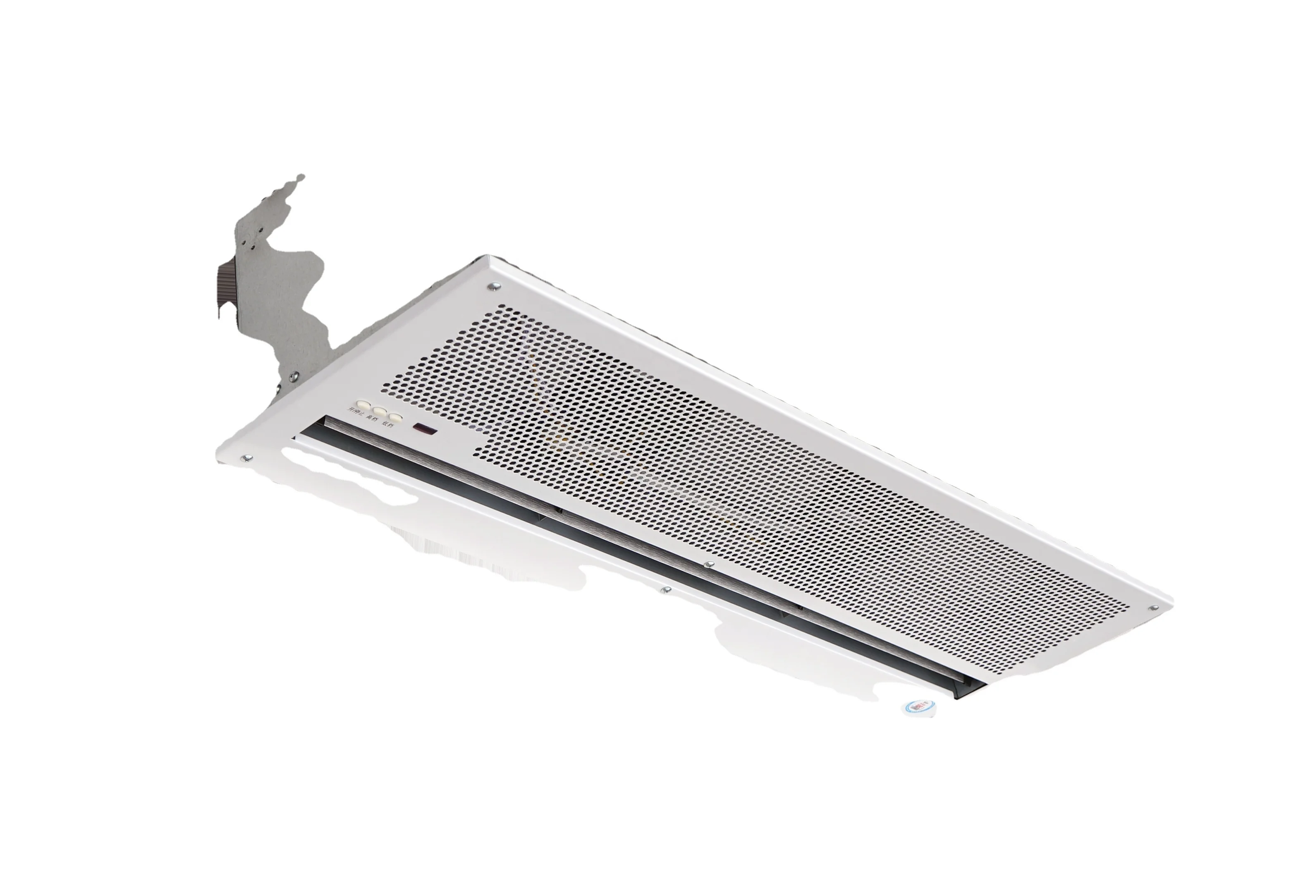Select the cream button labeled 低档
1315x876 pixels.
click(x=395, y=417)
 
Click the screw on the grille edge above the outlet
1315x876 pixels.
click(x=710, y=564)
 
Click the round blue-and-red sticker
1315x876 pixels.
click(x=918, y=707)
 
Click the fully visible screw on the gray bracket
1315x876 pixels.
click(x=294, y=378)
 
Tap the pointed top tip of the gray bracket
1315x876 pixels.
click(x=301, y=178)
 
